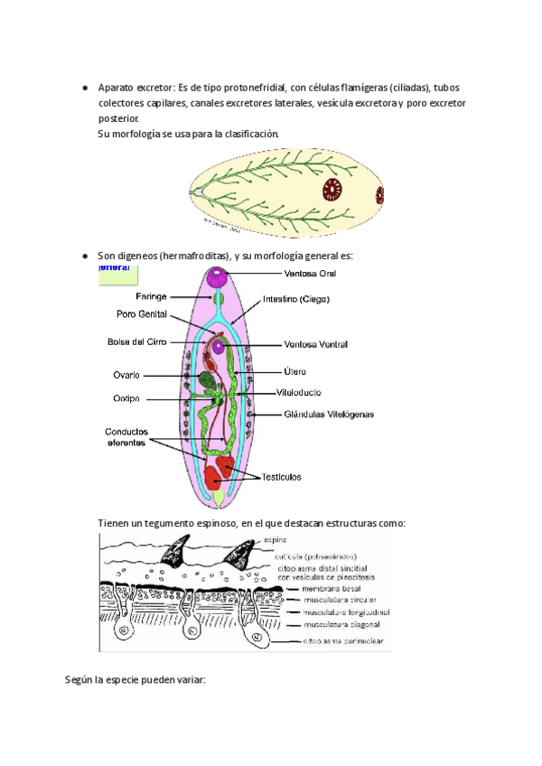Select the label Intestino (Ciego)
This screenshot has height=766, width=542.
[296, 299]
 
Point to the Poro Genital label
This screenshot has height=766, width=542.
[141, 315]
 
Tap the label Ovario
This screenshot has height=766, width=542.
[126, 375]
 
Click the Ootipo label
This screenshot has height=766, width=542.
[126, 399]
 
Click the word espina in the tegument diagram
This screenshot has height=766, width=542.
[276, 541]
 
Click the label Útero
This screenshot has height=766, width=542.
[294, 370]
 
